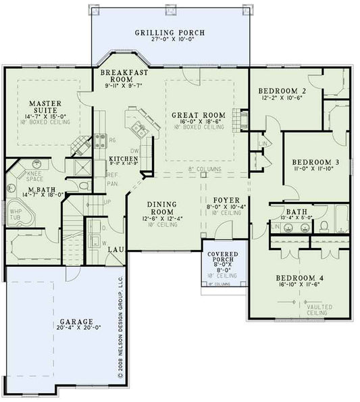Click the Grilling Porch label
[169, 32]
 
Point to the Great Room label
[197, 114]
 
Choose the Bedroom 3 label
[315, 162]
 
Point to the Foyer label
[226, 200]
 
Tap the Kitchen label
[124, 159]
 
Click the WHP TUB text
[15, 214]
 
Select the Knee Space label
[35, 176]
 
